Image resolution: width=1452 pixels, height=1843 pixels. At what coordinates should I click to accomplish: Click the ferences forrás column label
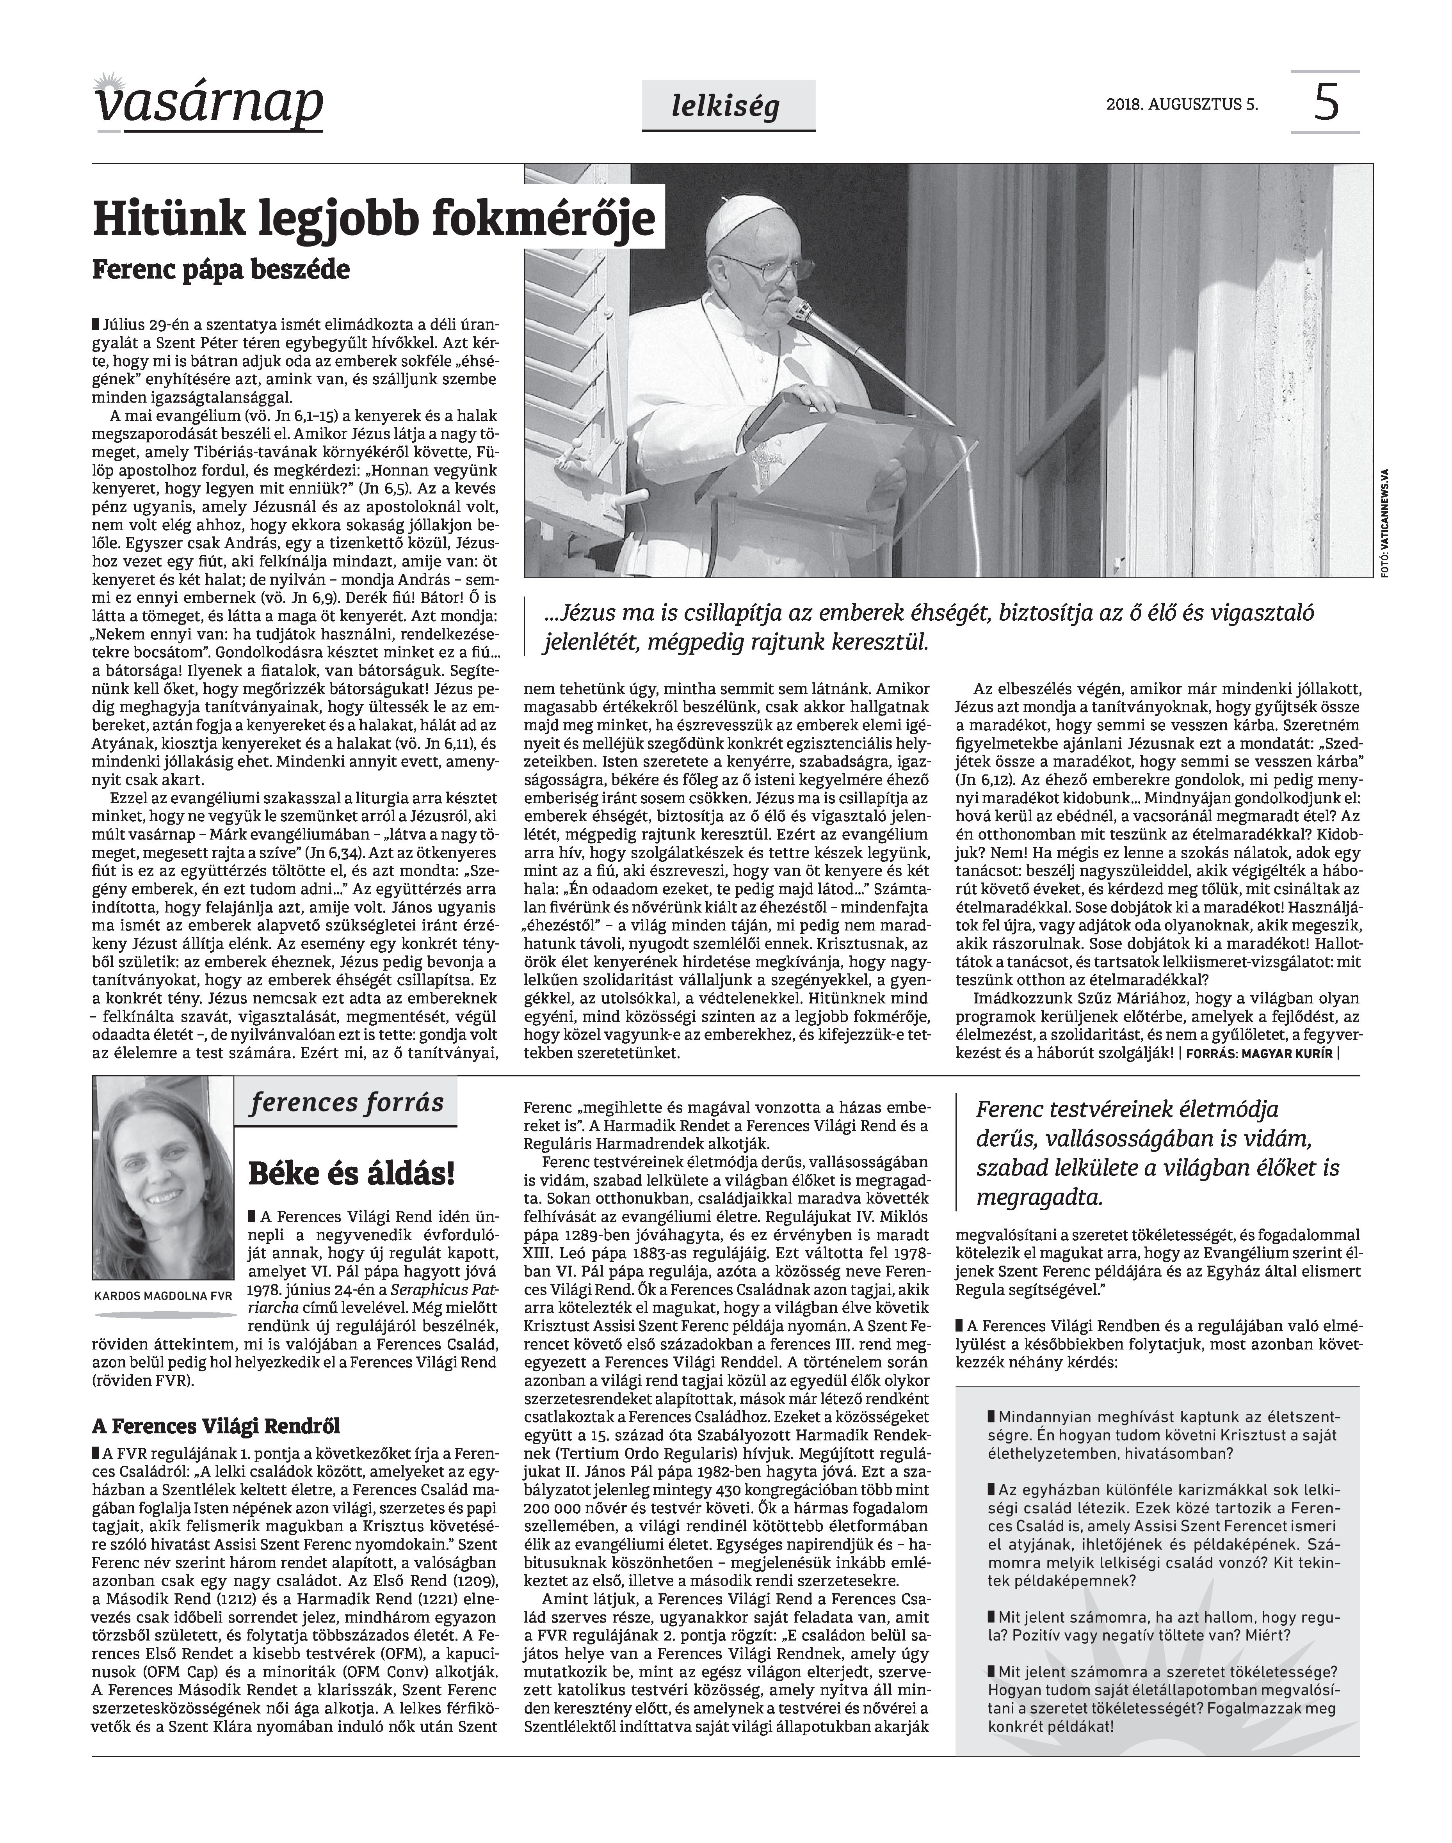coord(347,1103)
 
